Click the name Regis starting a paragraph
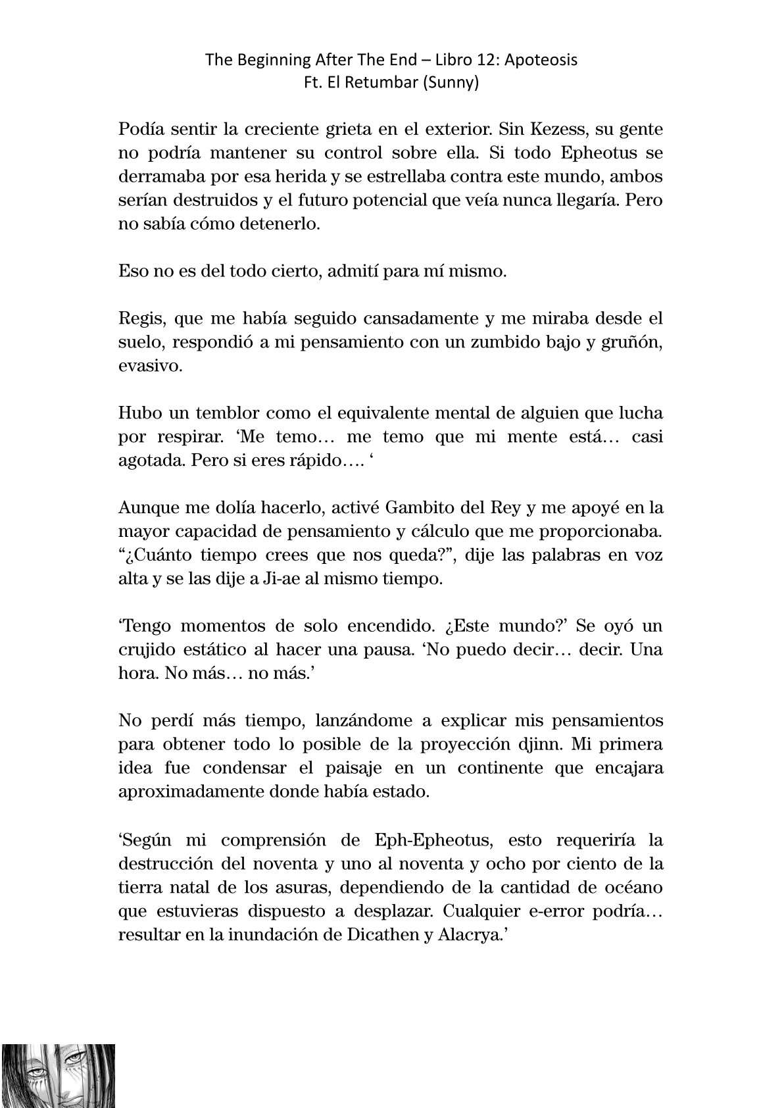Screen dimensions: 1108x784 click(137, 319)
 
